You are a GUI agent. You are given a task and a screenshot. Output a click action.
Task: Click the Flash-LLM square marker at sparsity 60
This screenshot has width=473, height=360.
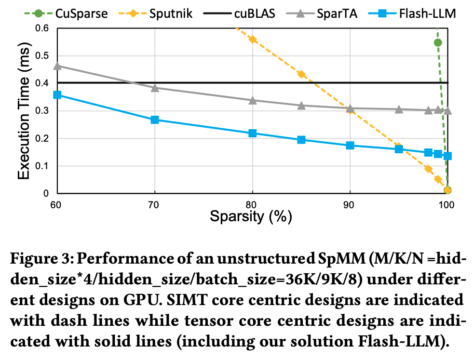click(x=57, y=95)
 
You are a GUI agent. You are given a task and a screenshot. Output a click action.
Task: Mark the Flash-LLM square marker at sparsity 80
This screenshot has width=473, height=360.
click(x=252, y=133)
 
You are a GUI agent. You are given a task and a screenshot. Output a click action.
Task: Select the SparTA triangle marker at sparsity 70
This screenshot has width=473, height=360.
click(x=155, y=88)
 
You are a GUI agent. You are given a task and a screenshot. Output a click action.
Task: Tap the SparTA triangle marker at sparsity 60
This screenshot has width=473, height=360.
click(x=57, y=66)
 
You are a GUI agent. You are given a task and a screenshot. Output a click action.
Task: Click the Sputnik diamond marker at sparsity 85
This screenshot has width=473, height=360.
click(x=301, y=74)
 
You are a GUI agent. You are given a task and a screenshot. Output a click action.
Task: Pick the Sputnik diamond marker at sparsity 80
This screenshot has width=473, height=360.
click(x=252, y=39)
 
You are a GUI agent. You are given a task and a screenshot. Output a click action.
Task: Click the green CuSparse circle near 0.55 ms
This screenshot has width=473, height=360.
click(x=438, y=42)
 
